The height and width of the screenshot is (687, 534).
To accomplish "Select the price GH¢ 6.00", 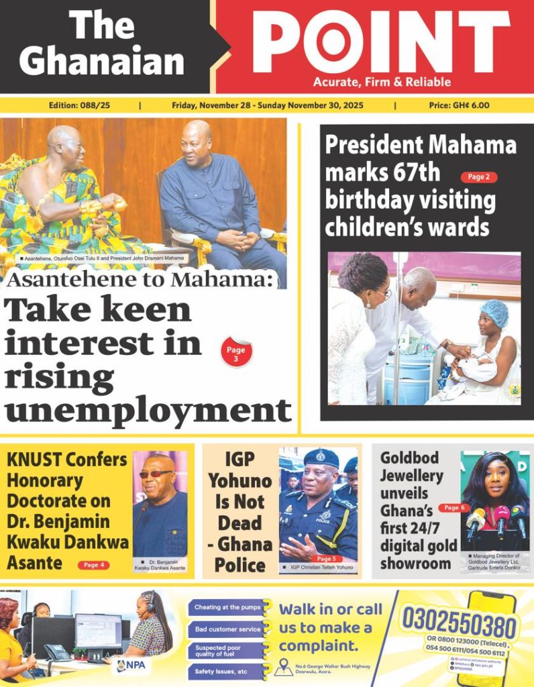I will click(459, 105).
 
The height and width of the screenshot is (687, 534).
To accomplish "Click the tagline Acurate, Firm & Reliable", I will click(382, 83).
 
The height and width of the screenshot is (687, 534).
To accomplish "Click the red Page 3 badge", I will click(236, 354).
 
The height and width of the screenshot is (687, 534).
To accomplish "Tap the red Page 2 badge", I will click(478, 177).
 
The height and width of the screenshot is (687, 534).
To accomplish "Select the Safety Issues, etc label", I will click(221, 671).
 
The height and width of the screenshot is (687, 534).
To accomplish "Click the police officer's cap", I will click(321, 458).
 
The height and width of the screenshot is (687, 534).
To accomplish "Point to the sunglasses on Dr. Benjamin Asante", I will click(156, 474).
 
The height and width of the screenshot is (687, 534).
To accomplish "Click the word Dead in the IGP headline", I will click(239, 522).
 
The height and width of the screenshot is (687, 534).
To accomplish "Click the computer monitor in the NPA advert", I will click(98, 630).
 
